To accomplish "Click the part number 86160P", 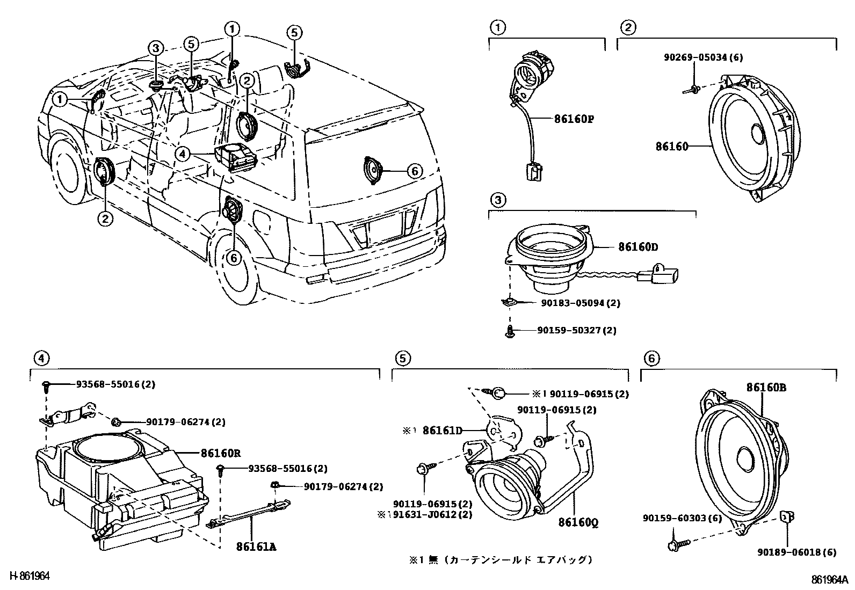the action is pos(574,119).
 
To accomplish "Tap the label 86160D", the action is pos(638,247).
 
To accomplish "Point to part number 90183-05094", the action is pos(573,303).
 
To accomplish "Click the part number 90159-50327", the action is pos(569,330).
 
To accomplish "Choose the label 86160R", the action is pos(221,453).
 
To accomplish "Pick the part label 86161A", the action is pos(256,547).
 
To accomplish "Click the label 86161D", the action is pos(443,431).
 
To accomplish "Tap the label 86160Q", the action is pos(578,522).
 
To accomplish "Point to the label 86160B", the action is pos(766,388).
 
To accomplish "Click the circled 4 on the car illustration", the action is pos(182,154).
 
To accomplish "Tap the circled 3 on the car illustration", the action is pos(155,48).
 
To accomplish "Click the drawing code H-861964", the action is pos(30,576).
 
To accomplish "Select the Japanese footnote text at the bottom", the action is pos(501,560).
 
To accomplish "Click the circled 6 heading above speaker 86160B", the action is pos(651,359).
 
